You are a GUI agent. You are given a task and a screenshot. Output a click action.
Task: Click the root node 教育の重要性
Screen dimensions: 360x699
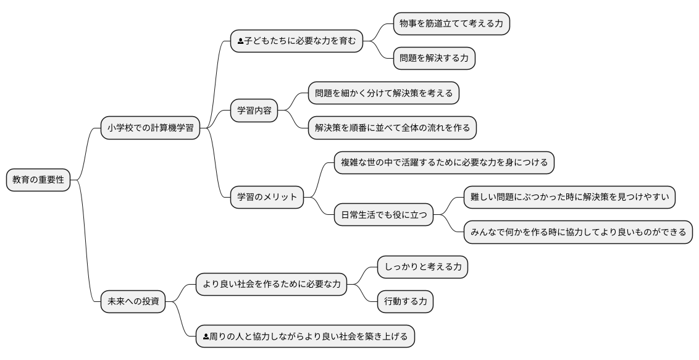[x=38, y=181]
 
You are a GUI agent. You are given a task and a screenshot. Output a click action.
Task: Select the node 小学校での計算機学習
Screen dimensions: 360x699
[x=150, y=128]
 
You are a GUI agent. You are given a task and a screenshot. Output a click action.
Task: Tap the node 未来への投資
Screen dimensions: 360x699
[x=133, y=302]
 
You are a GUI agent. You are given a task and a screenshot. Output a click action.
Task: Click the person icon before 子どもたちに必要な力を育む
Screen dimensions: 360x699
[x=240, y=41]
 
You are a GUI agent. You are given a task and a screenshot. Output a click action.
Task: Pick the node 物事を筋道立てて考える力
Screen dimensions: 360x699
[x=451, y=23]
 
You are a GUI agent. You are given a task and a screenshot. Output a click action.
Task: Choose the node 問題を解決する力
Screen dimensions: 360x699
[x=434, y=59]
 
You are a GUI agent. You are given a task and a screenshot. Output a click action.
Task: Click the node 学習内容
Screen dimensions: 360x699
[x=254, y=111]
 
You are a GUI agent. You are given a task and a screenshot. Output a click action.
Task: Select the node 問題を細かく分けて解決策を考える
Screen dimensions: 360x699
[x=383, y=93]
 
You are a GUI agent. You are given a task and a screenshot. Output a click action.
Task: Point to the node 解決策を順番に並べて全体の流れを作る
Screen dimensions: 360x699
[x=392, y=128]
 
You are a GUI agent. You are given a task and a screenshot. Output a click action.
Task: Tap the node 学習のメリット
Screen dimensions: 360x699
[x=267, y=198]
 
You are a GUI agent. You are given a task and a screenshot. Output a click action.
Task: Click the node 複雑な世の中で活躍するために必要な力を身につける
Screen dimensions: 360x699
[x=444, y=163]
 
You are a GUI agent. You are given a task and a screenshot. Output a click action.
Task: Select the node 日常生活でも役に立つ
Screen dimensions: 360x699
[x=383, y=215]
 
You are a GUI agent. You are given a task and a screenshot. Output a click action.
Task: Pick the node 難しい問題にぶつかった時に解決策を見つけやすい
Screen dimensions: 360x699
[x=569, y=198]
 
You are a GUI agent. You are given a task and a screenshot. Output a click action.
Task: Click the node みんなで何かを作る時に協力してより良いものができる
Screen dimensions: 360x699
[x=578, y=232]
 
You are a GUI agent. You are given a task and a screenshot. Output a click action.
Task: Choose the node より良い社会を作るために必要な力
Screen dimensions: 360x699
[x=271, y=285]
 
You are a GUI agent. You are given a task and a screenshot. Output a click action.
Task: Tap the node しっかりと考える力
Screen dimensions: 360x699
[x=422, y=267]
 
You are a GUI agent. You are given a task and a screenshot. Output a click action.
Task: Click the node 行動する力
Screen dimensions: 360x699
[x=405, y=302]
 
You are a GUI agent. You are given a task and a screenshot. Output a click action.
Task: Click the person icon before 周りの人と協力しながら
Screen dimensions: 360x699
[x=206, y=337]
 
